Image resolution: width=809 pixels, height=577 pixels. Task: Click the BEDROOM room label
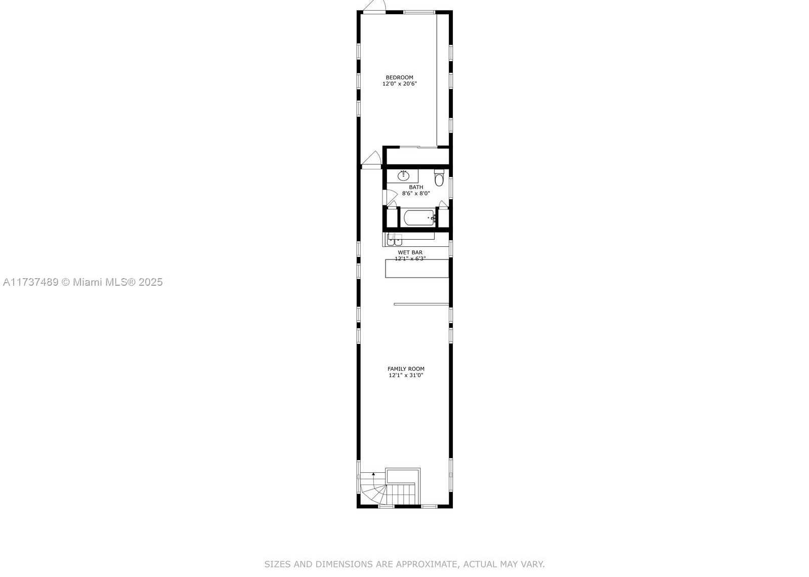(399, 77)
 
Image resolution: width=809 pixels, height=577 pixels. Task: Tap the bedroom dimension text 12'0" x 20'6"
(400, 84)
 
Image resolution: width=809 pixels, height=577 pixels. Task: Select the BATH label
(416, 187)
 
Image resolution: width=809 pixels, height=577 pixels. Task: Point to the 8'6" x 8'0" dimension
(416, 194)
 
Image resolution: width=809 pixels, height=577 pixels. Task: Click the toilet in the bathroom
(439, 177)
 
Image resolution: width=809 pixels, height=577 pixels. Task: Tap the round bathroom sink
(403, 176)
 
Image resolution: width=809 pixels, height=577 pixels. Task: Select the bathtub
(419, 218)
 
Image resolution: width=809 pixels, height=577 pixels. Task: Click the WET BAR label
(410, 252)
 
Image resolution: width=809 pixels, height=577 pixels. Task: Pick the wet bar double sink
(395, 239)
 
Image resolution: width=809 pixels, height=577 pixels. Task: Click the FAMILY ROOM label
(406, 369)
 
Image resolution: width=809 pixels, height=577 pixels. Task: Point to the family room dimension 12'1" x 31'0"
(406, 375)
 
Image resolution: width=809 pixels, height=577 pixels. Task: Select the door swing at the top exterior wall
(375, 5)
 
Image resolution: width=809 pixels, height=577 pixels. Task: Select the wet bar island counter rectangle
(417, 269)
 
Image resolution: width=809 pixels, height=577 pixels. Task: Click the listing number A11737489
(31, 282)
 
